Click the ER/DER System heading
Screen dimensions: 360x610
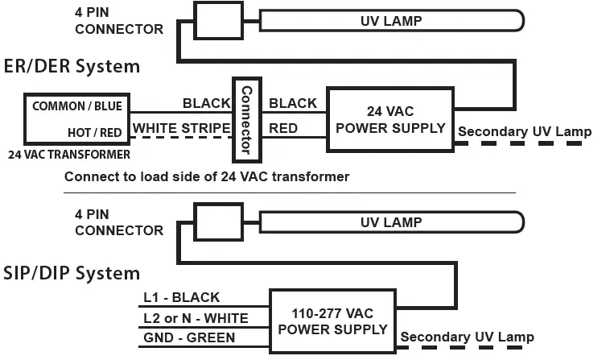point(71,66)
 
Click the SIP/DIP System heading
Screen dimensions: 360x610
point(71,273)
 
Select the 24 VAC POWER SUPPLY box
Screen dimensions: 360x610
point(390,119)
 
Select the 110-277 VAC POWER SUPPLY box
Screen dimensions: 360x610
point(332,321)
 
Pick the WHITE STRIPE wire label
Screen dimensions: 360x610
point(180,127)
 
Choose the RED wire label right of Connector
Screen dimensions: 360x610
point(283,127)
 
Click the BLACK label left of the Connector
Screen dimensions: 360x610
point(206,103)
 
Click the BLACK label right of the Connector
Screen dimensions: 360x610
point(293,103)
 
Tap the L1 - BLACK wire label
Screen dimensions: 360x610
point(181,298)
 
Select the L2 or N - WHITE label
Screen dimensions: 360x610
point(196,318)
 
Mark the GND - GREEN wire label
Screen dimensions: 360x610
point(189,337)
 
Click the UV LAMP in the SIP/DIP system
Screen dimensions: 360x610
point(389,222)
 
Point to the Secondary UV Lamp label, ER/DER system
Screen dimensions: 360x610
point(525,131)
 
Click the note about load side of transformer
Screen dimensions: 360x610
point(207,176)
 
